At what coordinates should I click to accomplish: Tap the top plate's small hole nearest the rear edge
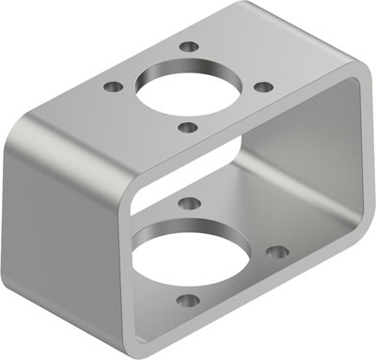click(191, 46)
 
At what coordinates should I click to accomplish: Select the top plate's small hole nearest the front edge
click(187, 126)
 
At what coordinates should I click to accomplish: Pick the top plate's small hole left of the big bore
click(115, 87)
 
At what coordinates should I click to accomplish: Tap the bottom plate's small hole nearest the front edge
click(189, 302)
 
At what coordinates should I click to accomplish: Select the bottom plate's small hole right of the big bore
click(278, 252)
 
